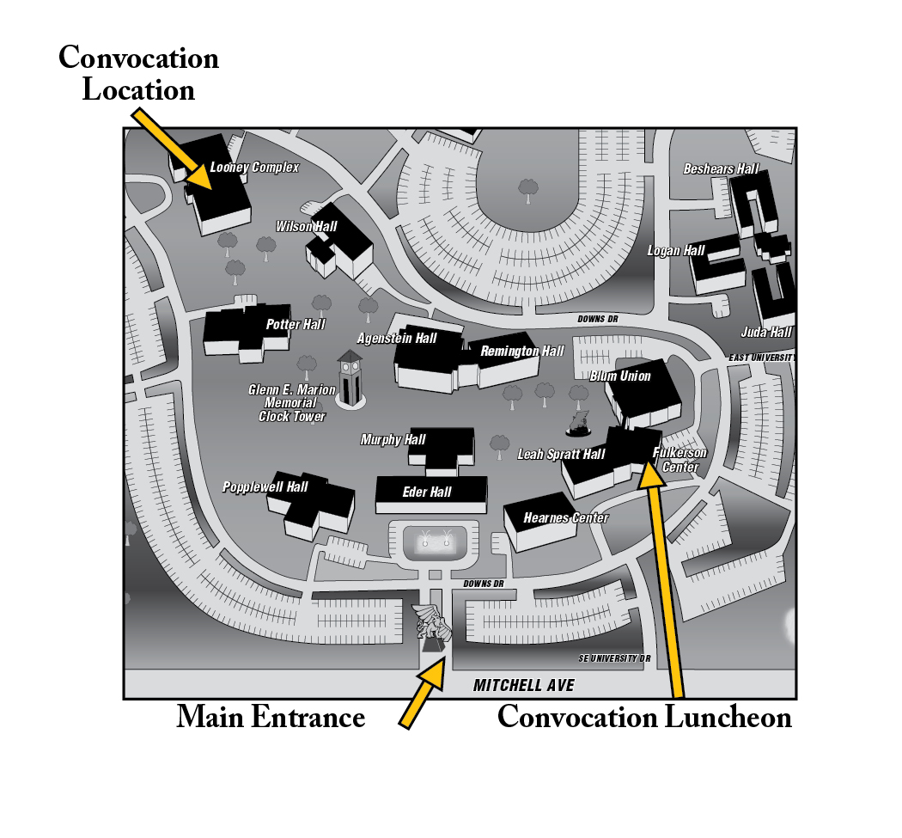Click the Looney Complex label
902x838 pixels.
pyautogui.click(x=254, y=168)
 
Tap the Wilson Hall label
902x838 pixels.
pyautogui.click(x=307, y=227)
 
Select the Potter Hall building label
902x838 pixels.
pyautogui.click(x=296, y=325)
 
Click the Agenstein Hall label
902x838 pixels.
pyautogui.click(x=397, y=339)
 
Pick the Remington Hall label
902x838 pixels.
pyautogui.click(x=522, y=352)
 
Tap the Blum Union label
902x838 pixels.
pyautogui.click(x=620, y=376)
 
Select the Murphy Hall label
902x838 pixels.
pyautogui.click(x=393, y=440)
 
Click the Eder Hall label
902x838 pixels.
pyautogui.click(x=427, y=492)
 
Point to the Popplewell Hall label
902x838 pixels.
pyautogui.click(x=265, y=487)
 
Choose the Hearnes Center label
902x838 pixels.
pyautogui.click(x=566, y=518)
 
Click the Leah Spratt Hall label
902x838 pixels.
pyautogui.click(x=561, y=455)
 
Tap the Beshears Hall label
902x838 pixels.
pyautogui.click(x=721, y=169)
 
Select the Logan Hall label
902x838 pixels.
pyautogui.click(x=676, y=251)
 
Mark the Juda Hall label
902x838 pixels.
pyautogui.click(x=766, y=333)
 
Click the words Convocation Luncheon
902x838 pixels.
pyautogui.click(x=644, y=717)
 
